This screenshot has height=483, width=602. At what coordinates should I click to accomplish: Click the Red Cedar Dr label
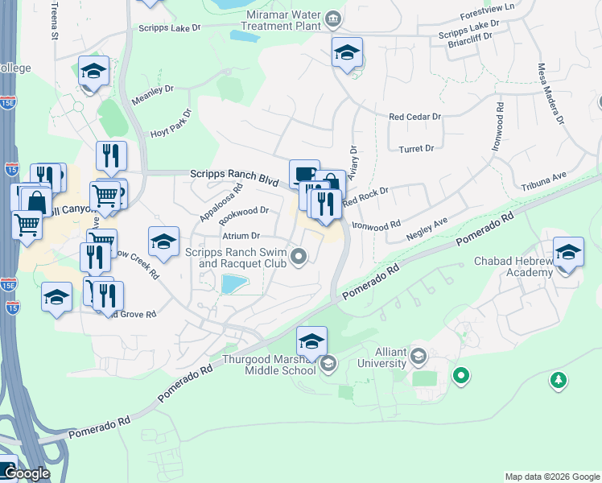coord(415,117)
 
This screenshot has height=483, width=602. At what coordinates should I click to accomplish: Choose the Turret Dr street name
coord(416,149)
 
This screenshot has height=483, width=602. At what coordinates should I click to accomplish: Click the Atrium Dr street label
coord(241,236)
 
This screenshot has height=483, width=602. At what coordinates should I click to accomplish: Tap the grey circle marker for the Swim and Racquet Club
coord(299,257)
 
